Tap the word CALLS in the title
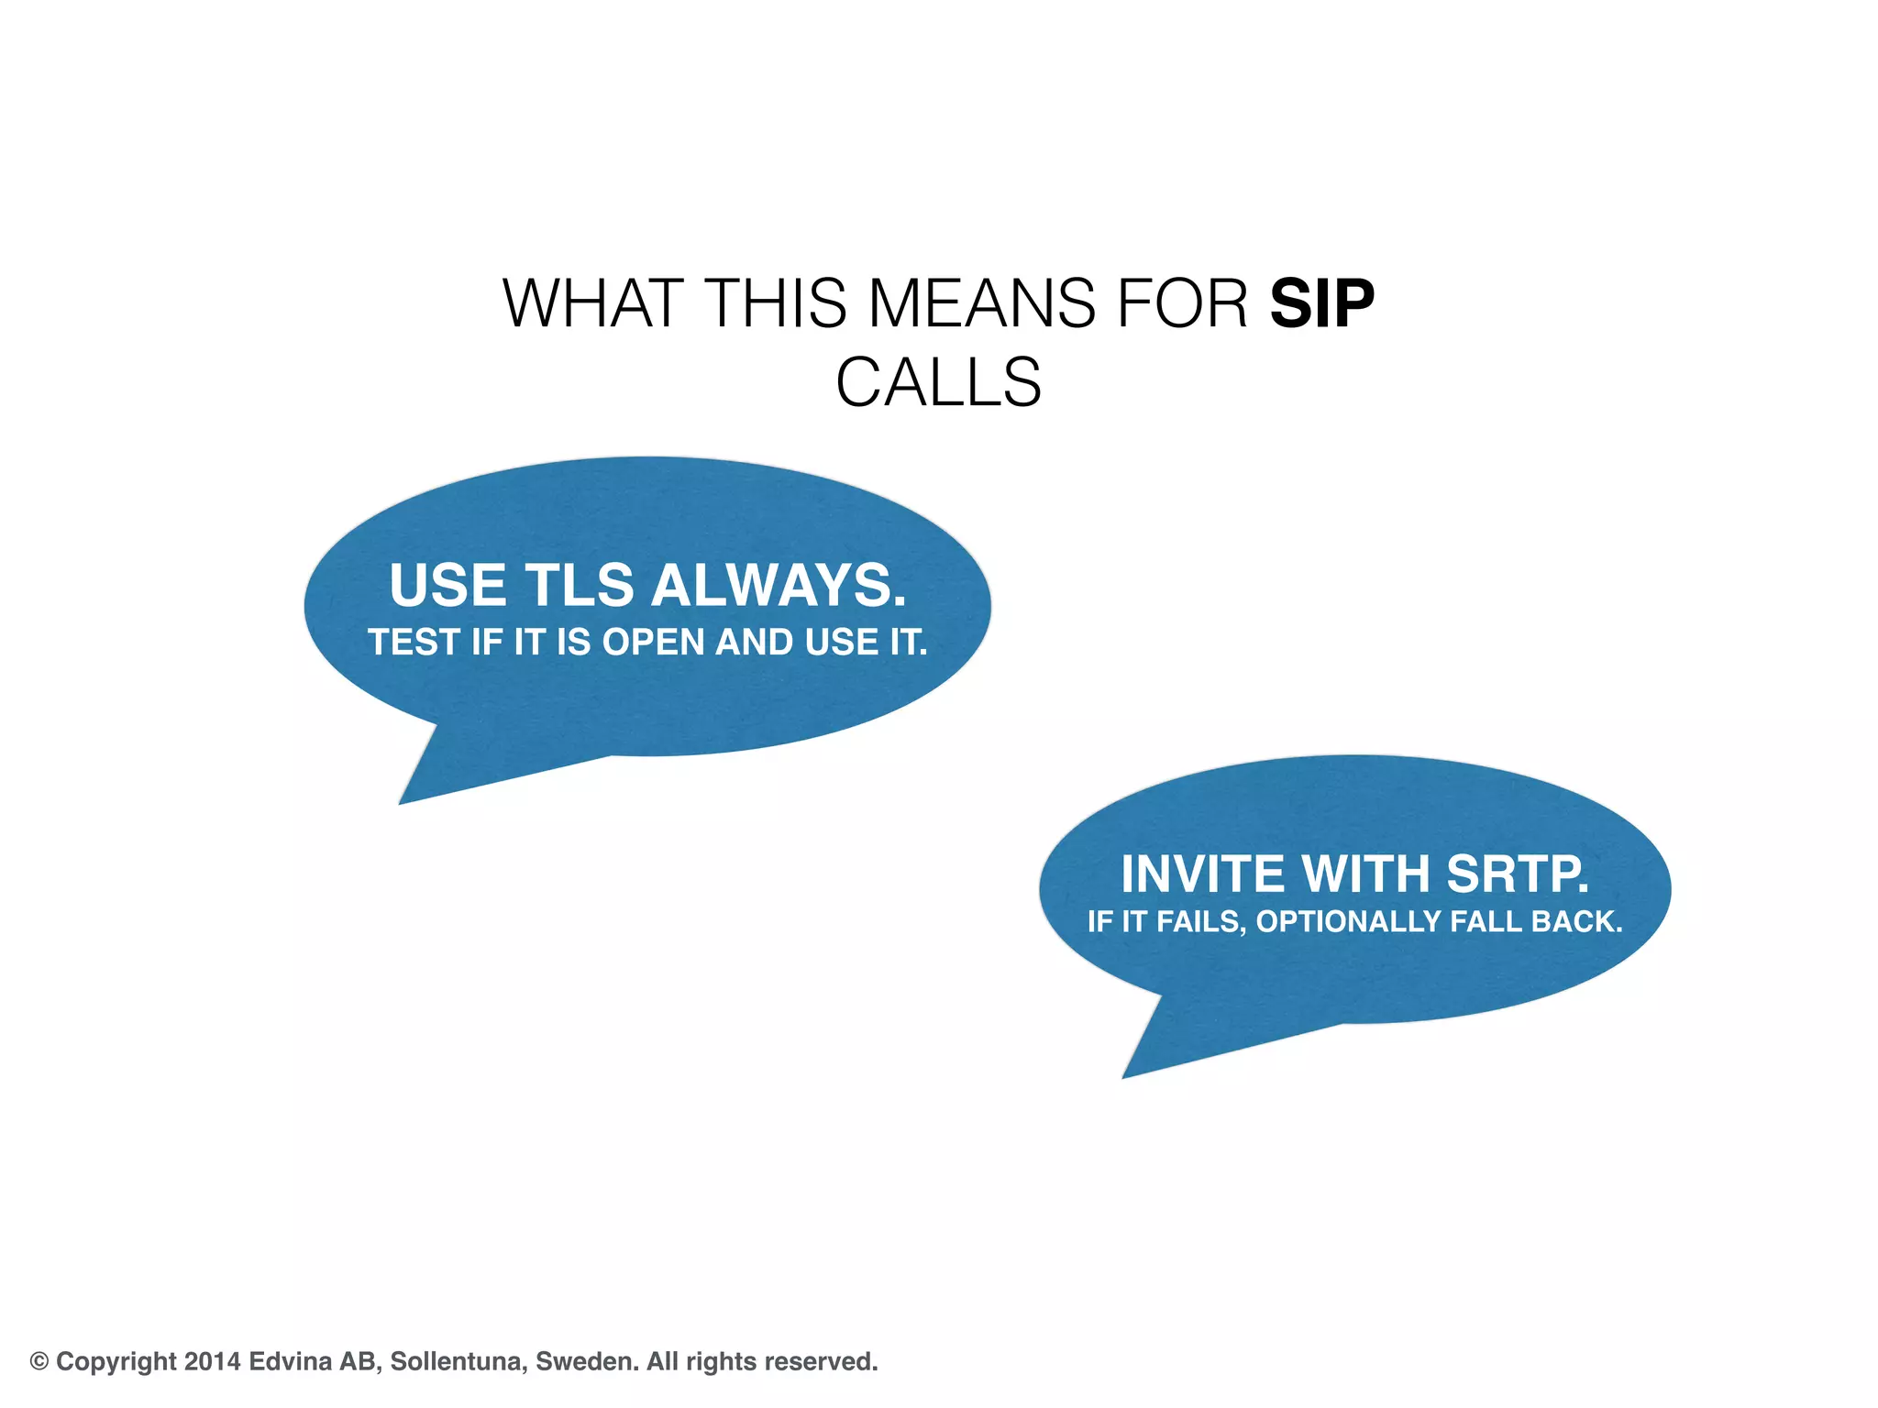tap(938, 382)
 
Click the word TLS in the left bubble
tap(579, 585)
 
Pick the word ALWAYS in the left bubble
tap(779, 585)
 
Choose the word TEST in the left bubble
tap(414, 643)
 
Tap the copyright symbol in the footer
tap(39, 1361)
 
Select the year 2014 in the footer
tap(212, 1361)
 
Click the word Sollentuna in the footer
tap(458, 1361)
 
